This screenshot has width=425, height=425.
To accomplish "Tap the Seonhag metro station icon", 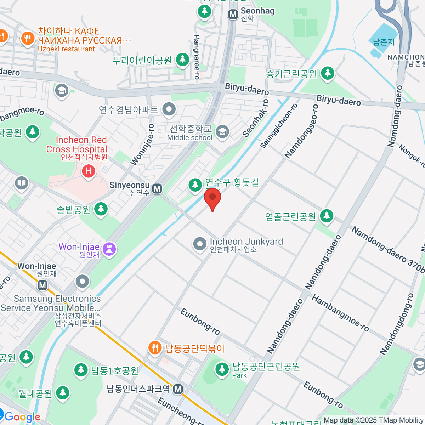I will [233, 14].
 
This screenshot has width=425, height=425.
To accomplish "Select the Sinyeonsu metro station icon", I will [157, 189].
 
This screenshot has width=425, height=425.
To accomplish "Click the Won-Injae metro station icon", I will [42, 285].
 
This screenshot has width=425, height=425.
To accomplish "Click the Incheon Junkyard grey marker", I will [200, 244].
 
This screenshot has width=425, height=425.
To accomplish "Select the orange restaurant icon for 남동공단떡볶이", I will [155, 348].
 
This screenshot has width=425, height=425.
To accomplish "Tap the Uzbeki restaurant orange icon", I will [28, 38].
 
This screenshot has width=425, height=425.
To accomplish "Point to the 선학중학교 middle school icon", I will [222, 132].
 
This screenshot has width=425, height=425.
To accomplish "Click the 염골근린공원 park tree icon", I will [327, 216].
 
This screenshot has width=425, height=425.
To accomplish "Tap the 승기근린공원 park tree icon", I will [328, 73].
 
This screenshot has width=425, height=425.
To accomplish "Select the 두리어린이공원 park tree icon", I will [183, 59].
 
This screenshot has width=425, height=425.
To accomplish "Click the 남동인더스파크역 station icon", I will [178, 389].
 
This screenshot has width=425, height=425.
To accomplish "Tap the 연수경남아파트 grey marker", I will [169, 109].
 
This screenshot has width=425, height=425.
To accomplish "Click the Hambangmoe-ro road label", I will [340, 313].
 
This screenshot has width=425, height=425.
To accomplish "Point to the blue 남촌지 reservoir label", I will [384, 42].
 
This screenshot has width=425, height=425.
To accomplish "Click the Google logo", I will [22, 417].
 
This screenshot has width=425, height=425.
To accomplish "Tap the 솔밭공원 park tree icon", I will [101, 209].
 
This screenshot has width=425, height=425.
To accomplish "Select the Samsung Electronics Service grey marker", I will [83, 282].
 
